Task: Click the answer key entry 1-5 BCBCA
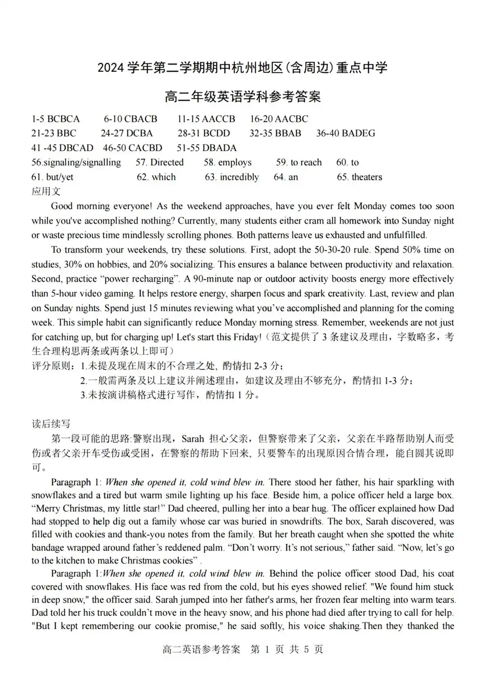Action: tap(55, 119)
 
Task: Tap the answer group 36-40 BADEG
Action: tap(346, 134)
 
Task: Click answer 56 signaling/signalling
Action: tap(76, 163)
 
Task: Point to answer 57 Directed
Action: tap(159, 163)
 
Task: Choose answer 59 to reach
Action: tap(298, 163)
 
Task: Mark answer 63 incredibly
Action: tap(232, 177)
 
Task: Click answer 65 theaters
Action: tap(359, 177)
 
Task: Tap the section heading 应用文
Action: tap(46, 191)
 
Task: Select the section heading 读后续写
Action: tap(51, 424)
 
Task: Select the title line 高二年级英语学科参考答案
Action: tap(243, 97)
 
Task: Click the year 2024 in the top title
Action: tap(111, 68)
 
